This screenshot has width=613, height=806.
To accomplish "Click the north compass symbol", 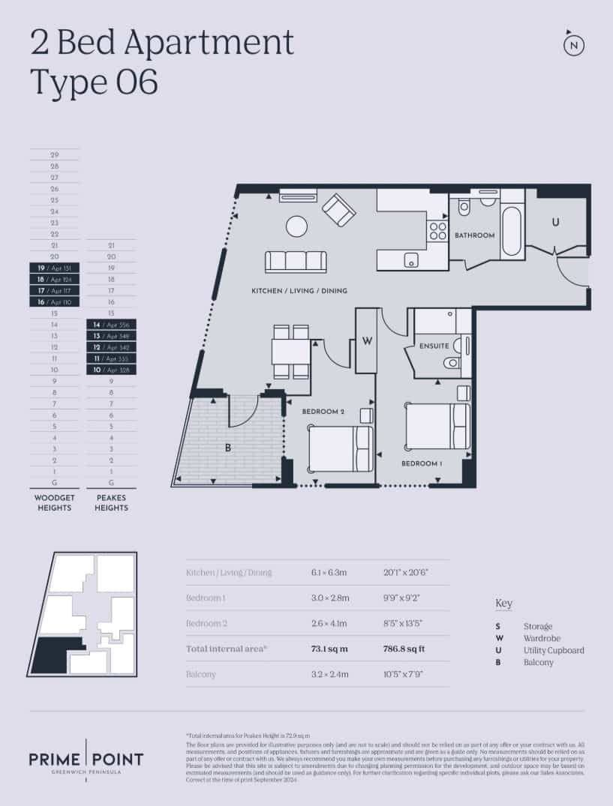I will tap(574, 45).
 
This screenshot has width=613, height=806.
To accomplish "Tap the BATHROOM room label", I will tap(474, 235).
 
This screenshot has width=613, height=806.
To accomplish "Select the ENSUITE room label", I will tap(434, 346).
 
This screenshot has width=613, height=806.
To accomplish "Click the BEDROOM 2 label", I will tap(323, 412).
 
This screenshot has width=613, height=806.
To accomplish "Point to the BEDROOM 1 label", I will tap(421, 463).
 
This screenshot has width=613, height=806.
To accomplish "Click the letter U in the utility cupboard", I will tap(555, 222).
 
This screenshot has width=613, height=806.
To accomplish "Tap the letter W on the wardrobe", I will tap(367, 341).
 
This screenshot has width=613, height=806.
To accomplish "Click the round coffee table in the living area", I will tap(296, 226).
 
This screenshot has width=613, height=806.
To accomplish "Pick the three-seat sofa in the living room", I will tap(296, 262).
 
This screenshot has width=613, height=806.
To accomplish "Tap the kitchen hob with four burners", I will tap(437, 231).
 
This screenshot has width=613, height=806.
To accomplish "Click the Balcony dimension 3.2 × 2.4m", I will tap(329, 674).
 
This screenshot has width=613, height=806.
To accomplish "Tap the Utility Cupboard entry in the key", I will tap(553, 650).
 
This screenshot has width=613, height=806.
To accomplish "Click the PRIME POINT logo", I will tap(86, 760).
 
